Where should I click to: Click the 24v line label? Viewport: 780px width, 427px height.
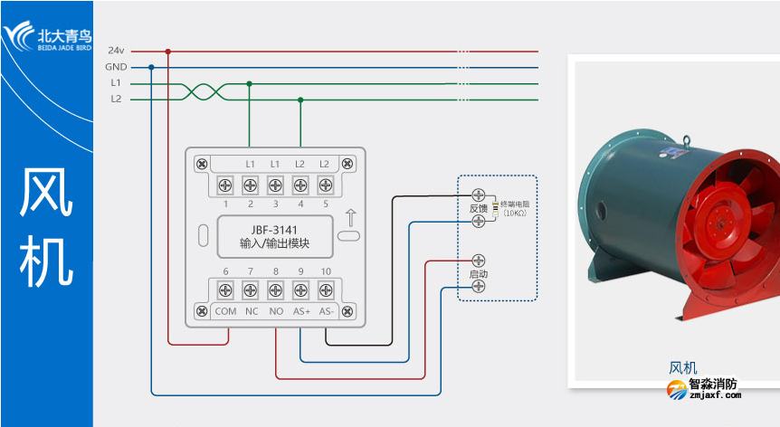pos(115,51)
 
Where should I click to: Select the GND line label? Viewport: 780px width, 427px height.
pos(115,67)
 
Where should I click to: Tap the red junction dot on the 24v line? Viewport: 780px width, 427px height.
pos(167,52)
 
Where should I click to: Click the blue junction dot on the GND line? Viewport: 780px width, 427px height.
pos(151,67)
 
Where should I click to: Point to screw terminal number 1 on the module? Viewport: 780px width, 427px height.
pos(224,185)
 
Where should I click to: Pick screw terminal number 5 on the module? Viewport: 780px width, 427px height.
pos(325,185)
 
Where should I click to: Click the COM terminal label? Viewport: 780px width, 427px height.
pos(224,310)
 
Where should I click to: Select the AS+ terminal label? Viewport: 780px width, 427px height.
pos(300,310)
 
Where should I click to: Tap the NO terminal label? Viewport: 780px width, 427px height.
pos(275,310)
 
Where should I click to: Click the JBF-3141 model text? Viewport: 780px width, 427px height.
pos(274,230)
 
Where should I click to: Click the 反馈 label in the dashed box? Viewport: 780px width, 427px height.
pos(478,208)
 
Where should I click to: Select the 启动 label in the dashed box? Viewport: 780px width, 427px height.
pos(478,273)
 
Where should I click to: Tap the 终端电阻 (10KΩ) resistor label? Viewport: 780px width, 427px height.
pos(515,208)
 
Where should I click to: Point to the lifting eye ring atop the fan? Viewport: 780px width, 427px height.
pos(687,139)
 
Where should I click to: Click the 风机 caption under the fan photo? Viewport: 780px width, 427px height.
pos(682,367)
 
